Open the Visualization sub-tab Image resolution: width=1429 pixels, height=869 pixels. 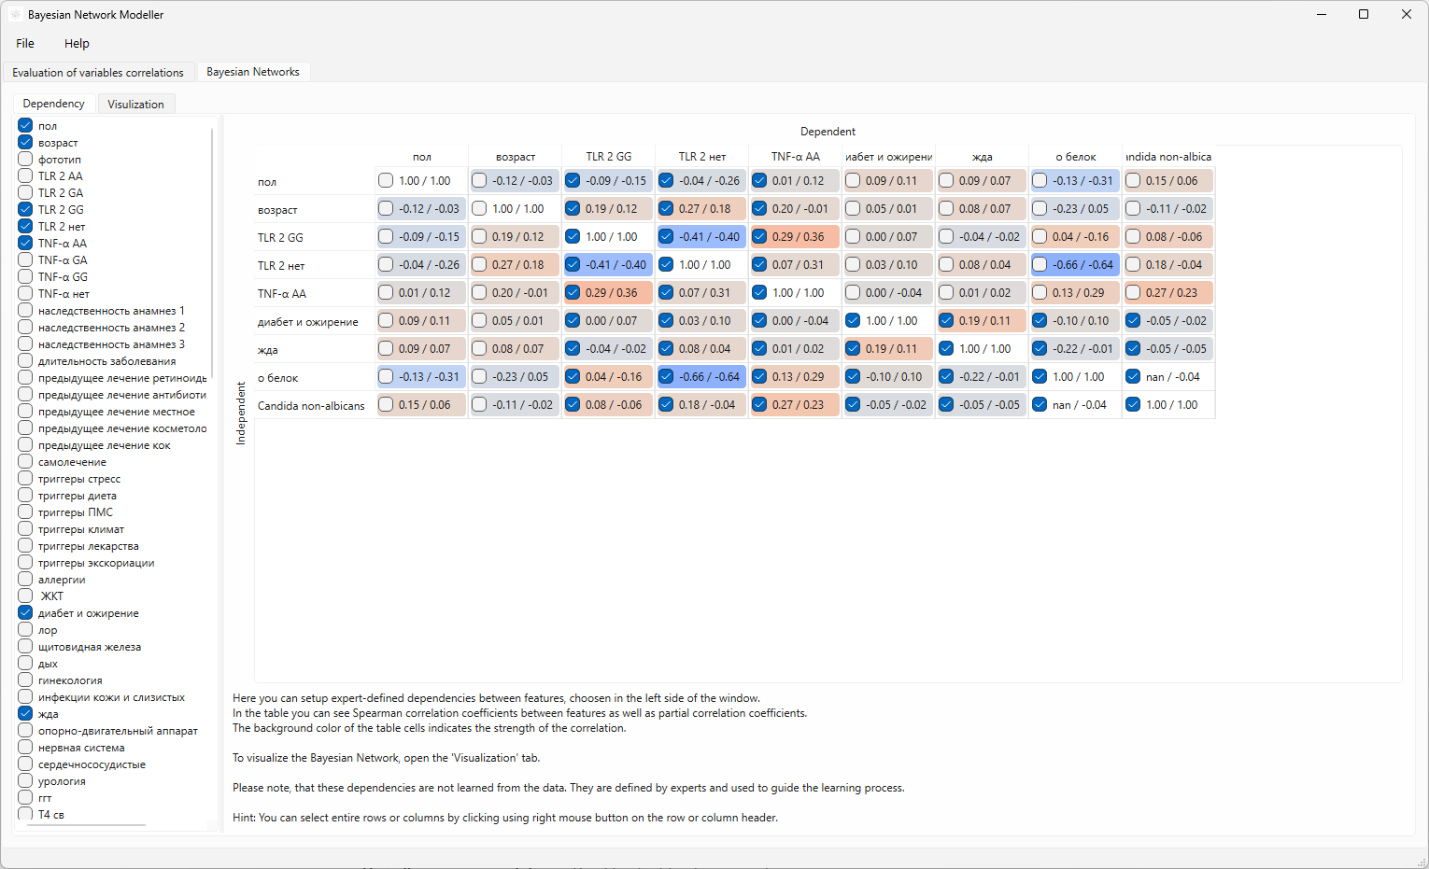tap(135, 104)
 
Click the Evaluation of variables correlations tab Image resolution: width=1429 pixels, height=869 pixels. tap(98, 72)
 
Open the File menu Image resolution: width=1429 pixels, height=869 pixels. tap(25, 43)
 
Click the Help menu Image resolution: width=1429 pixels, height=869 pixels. tap(77, 43)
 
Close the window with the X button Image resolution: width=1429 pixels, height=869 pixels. tap(1406, 14)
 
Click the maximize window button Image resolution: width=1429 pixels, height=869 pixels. tap(1364, 14)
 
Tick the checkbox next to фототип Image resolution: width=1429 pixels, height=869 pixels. tap(25, 160)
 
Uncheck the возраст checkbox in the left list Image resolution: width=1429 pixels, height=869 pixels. tap(25, 143)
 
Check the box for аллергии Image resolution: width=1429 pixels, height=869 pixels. tap(25, 580)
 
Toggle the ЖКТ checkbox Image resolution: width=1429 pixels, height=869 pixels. tap(25, 596)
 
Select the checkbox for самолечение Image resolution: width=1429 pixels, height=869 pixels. tap(25, 462)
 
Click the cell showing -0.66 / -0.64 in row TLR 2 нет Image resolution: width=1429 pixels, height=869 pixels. tap(1075, 264)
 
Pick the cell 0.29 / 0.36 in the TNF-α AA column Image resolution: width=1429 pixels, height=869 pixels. tap(795, 236)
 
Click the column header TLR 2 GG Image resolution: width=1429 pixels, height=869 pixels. tap(608, 157)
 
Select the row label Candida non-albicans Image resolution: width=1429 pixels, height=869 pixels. tap(311, 406)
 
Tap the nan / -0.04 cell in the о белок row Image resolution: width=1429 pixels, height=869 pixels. tap(1168, 376)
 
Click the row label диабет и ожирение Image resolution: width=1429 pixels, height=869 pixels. tap(307, 322)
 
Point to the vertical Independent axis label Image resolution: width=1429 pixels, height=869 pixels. tap(241, 413)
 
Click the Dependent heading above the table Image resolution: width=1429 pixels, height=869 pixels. tap(828, 132)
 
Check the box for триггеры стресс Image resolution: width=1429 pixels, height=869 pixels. tap(25, 479)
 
